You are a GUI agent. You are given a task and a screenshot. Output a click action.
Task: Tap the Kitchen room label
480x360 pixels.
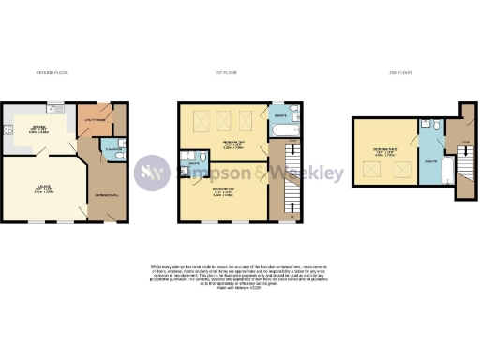(39, 130)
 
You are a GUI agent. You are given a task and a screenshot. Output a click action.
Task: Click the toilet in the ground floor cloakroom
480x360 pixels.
(116, 156)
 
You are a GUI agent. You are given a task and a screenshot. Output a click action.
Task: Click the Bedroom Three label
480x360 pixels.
(382, 149)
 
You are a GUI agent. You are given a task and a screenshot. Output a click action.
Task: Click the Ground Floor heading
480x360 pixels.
(52, 72)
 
